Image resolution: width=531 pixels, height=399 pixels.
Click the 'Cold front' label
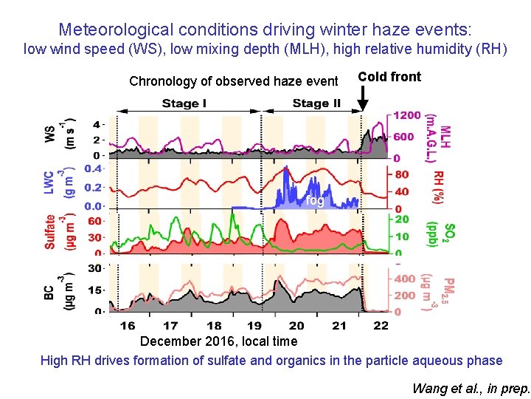[389, 77]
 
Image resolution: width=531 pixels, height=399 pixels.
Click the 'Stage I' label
[184, 103]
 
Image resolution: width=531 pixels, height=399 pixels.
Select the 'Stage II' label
[316, 103]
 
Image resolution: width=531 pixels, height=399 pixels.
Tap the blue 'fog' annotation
[315, 200]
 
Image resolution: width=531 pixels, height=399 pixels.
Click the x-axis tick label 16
[128, 326]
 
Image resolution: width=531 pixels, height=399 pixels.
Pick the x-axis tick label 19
[254, 326]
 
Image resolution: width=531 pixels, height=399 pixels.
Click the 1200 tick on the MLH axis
[407, 116]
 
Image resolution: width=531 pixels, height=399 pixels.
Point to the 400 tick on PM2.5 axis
[404, 279]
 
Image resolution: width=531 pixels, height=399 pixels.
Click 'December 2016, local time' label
[219, 341]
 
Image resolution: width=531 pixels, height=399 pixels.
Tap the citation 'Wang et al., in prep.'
[471, 388]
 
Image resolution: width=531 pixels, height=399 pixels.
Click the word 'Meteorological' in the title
[105, 30]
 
